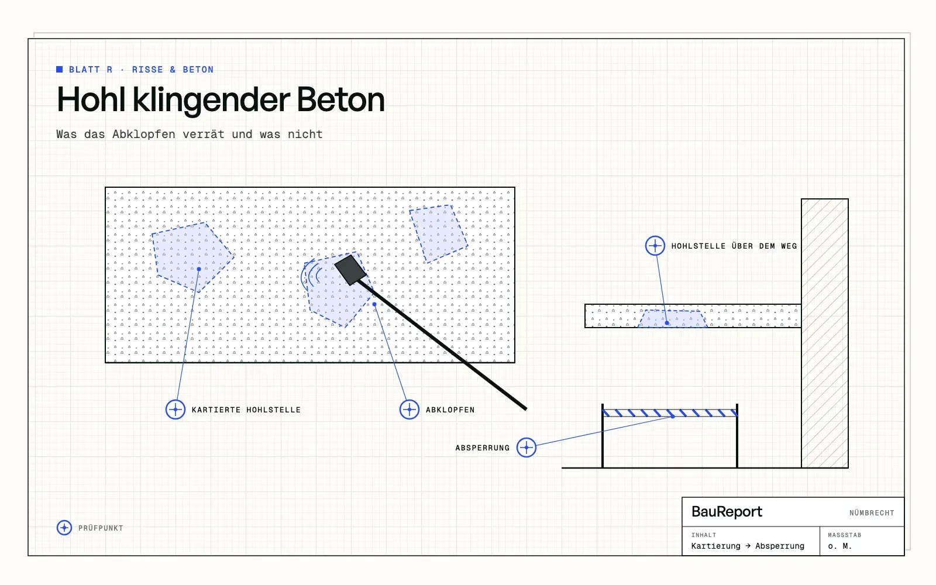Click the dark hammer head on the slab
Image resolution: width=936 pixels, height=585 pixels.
tap(350, 270)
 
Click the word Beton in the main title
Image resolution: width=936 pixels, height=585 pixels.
tap(340, 99)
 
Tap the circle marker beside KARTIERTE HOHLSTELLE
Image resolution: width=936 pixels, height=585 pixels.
tap(175, 409)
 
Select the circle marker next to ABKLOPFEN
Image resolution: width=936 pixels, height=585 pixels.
tap(409, 409)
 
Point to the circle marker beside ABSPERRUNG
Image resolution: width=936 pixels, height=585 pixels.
tap(526, 448)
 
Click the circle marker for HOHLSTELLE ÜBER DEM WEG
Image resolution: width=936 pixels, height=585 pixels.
tap(655, 246)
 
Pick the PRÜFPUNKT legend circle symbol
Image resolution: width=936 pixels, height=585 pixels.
tap(64, 528)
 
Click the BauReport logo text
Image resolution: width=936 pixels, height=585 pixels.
tap(727, 512)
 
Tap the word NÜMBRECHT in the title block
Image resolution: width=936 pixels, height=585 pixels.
tap(872, 512)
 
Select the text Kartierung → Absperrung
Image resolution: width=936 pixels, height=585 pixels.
tap(748, 546)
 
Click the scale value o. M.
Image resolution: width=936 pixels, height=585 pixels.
tap(840, 546)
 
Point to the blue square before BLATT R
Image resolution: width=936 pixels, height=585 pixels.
tap(59, 70)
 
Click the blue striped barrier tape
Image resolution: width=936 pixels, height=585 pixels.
tap(670, 413)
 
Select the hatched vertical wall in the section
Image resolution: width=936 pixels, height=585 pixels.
tap(825, 333)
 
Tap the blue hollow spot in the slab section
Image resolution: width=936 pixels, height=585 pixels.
tap(673, 319)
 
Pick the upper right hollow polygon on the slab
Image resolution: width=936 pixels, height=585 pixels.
tap(438, 233)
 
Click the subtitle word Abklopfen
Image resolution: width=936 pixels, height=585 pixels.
tap(144, 134)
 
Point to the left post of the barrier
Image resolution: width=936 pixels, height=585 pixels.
tap(603, 436)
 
